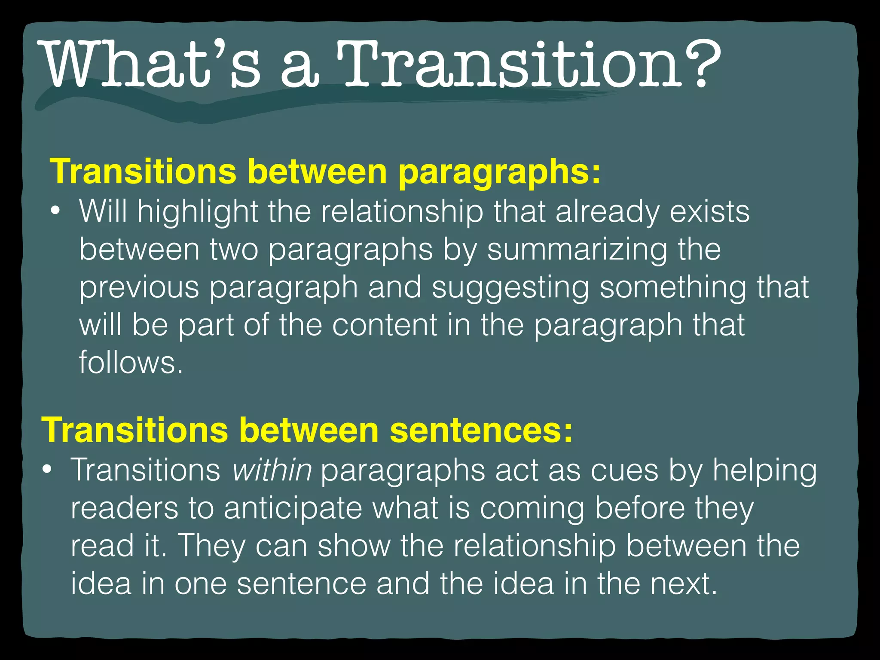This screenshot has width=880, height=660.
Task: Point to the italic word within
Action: (272, 470)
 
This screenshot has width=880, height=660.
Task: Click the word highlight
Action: (198, 212)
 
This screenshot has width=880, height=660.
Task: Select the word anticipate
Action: (293, 508)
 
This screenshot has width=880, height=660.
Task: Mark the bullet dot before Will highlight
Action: (55, 212)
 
